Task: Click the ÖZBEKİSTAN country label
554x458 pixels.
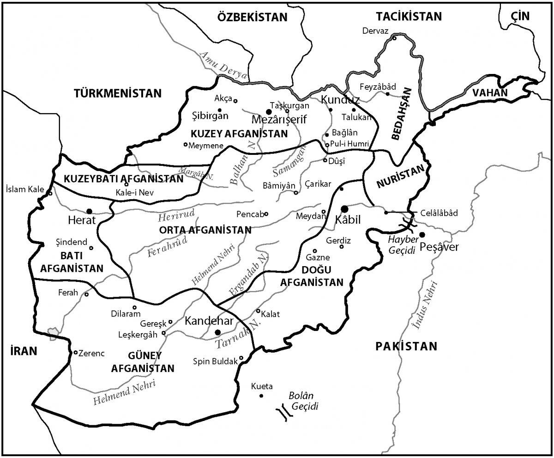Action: pos(252,18)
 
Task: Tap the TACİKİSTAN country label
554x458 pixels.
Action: pos(409,16)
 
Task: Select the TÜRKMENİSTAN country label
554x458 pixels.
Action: pos(118,93)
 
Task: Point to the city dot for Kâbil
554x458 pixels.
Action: pos(344,209)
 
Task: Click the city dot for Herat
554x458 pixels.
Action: pos(89,211)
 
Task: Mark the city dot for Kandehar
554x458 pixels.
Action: pos(218,332)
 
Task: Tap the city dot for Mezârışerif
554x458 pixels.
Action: pos(269,111)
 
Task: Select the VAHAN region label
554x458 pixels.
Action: pos(489,92)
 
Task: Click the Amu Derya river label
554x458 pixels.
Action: pos(223,66)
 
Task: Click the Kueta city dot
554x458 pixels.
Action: pos(261,396)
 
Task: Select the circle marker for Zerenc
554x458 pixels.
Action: pos(76,353)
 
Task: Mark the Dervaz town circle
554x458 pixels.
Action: pos(395,38)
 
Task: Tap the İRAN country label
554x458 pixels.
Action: pos(23,351)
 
